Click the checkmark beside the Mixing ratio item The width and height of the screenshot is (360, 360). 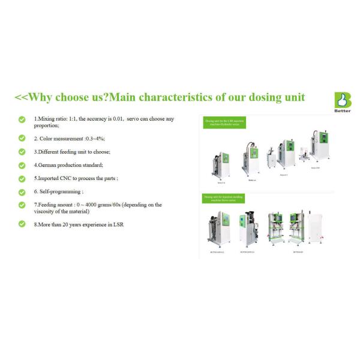[x=22, y=119]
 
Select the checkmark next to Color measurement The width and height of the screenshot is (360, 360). [x=22, y=137]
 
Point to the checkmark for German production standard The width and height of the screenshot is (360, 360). [x=22, y=165]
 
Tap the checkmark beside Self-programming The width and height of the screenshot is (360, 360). [x=22, y=191]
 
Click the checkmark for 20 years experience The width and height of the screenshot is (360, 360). [x=22, y=224]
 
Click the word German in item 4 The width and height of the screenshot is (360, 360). [x=48, y=164]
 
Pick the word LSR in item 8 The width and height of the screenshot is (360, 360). [x=118, y=224]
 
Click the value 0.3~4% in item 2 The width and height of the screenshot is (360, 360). [x=95, y=138]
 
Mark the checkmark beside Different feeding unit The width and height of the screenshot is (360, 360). [x=22, y=152]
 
